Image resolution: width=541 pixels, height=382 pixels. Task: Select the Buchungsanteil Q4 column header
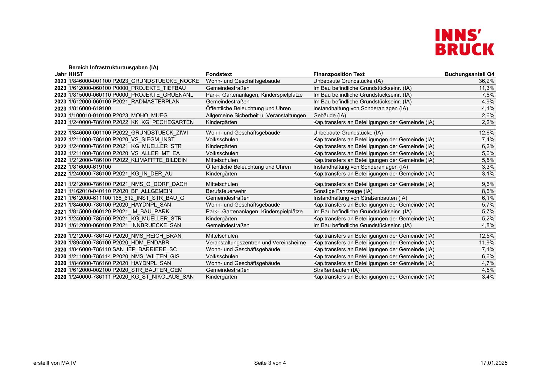coord(469,74)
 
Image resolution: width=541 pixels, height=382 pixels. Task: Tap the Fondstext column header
coord(219,74)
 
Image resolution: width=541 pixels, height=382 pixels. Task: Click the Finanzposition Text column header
coord(339,74)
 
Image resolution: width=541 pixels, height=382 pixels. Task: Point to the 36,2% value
coord(486,81)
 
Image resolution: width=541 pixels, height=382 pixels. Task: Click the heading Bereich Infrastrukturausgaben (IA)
coord(113,67)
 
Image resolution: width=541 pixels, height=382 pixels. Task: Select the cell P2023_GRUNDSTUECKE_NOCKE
coord(155,81)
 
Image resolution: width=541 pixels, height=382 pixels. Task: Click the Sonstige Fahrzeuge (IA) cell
coord(343,191)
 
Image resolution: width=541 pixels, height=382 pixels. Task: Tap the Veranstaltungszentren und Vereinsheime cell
coord(256,243)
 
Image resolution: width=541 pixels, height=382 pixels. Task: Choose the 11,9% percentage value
coord(486,243)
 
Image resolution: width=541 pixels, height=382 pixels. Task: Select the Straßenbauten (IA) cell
coord(336,270)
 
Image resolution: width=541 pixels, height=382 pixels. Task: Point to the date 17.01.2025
coord(494,363)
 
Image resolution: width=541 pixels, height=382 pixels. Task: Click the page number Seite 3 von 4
coord(270,363)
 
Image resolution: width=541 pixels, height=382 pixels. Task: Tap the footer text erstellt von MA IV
coord(55,363)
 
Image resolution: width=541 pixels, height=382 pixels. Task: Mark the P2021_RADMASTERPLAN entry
coord(146,102)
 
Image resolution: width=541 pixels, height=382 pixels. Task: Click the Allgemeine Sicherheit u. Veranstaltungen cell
coord(256,115)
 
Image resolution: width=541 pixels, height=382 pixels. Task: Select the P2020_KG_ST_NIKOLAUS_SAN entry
coord(153,277)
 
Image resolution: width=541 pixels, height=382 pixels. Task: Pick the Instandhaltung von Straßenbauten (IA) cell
coord(360,198)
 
